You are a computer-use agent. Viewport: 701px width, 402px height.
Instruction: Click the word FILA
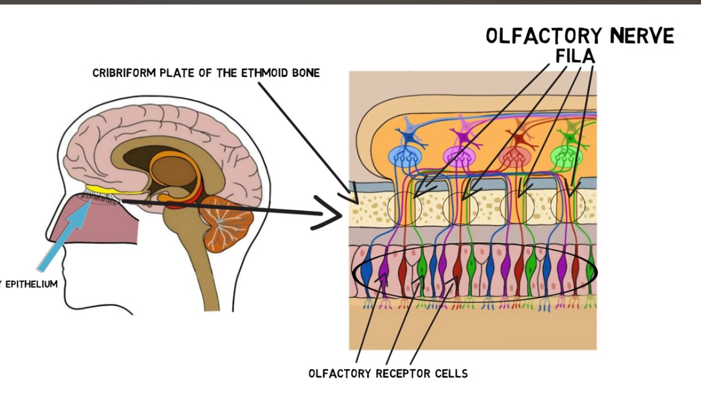(576, 57)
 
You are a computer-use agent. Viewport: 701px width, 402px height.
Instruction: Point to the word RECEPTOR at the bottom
(394, 373)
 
